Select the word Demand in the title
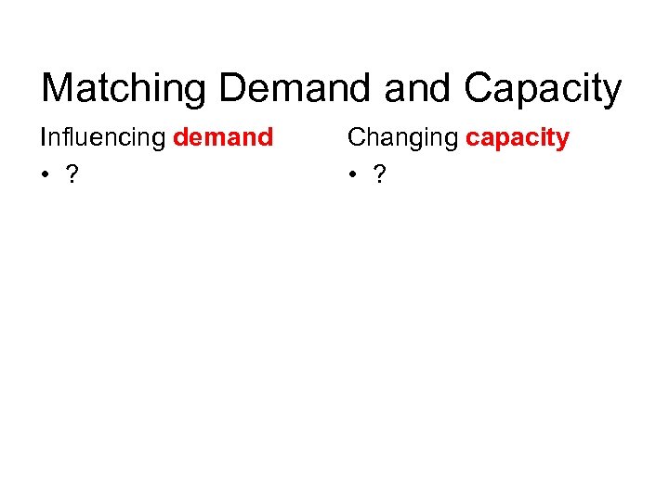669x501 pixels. tap(281, 89)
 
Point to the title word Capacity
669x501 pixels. tap(544, 89)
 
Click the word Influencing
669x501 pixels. tap(102, 138)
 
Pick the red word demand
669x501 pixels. tap(223, 138)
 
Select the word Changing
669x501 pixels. tap(402, 138)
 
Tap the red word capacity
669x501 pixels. tap(518, 138)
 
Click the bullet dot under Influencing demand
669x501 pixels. tap(46, 175)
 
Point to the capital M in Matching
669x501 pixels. tap(59, 89)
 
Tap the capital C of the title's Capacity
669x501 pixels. tap(480, 89)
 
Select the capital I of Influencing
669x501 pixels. tap(43, 138)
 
